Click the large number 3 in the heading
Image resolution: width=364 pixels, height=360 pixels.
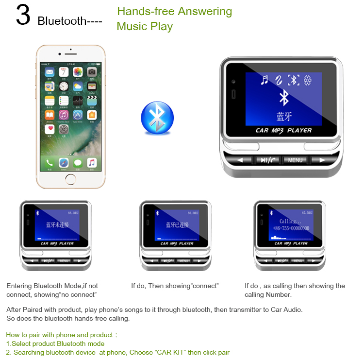pyautogui.click(x=23, y=16)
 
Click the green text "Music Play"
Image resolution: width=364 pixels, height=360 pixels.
pyautogui.click(x=145, y=26)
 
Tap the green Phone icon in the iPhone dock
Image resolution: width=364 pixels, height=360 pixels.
pyautogui.click(x=50, y=163)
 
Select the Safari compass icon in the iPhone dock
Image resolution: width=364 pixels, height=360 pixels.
pyautogui.click(x=64, y=163)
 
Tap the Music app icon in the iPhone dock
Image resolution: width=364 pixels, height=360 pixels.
pyautogui.click(x=92, y=163)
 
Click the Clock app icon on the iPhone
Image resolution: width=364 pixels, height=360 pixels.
pyautogui.click(x=64, y=86)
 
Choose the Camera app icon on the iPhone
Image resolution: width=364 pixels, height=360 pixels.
pyautogui.click(x=92, y=72)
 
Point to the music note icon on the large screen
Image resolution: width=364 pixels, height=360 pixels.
pyautogui.click(x=265, y=80)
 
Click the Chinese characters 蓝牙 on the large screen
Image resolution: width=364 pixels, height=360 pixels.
pyautogui.click(x=284, y=117)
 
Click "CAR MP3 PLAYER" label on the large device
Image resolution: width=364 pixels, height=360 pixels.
pyautogui.click(x=284, y=130)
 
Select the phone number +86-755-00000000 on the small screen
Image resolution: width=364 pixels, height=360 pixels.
pyautogui.click(x=291, y=228)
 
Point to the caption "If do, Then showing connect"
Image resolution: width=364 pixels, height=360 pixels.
pyautogui.click(x=175, y=286)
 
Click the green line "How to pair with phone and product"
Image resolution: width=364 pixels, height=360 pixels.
pyautogui.click(x=61, y=335)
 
